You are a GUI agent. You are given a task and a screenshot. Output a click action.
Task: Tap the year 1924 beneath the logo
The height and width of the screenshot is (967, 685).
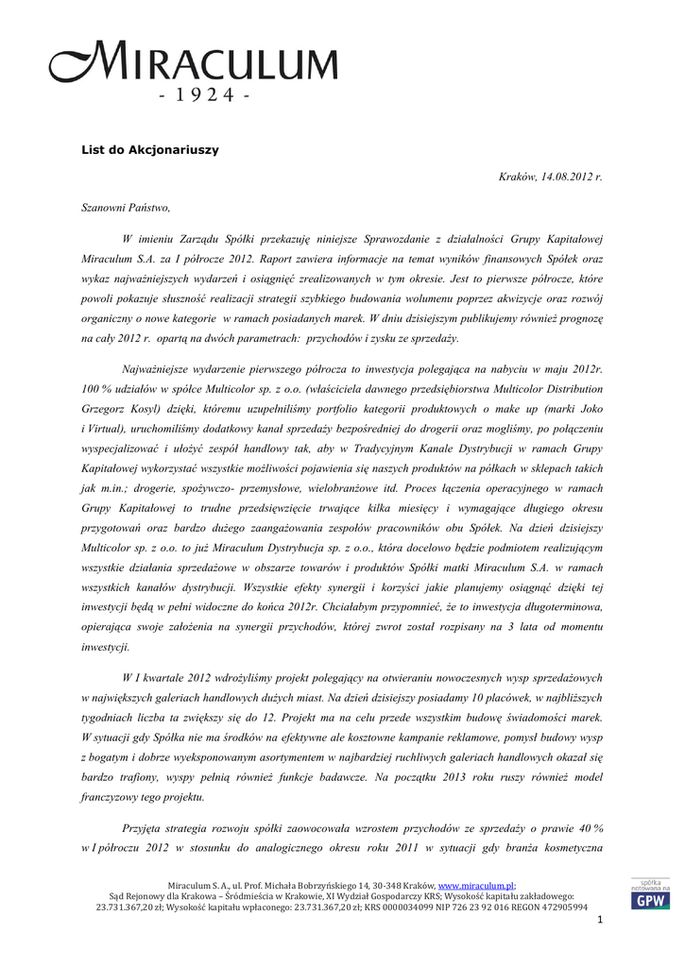tap(202, 98)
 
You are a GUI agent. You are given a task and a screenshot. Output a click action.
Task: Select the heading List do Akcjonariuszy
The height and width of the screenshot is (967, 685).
tap(149, 149)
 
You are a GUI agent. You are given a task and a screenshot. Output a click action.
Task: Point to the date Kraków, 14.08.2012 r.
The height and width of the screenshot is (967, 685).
tap(550, 177)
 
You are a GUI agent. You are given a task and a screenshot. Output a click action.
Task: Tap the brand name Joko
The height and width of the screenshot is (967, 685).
tap(588, 410)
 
